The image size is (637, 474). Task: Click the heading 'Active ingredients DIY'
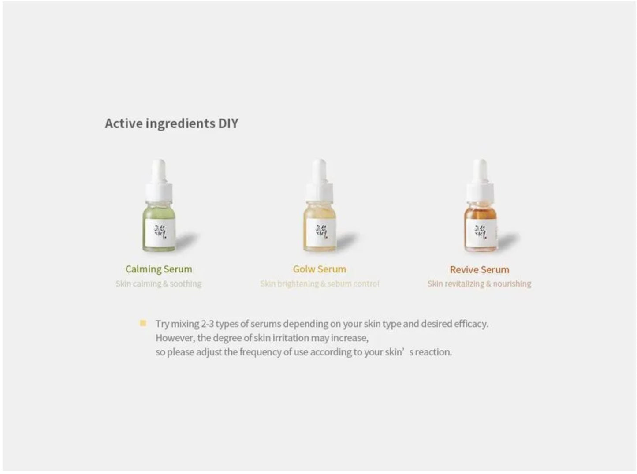(171, 123)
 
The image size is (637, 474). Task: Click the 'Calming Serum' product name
(159, 269)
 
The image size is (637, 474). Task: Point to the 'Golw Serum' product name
(319, 269)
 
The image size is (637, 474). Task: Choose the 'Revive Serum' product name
(479, 269)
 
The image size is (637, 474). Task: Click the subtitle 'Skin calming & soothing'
(159, 284)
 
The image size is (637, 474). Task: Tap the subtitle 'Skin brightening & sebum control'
(319, 284)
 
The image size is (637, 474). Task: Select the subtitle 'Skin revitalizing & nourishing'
(479, 284)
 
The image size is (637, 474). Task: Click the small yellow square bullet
(143, 323)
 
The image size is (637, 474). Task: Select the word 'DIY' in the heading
(228, 123)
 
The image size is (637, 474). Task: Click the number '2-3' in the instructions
(207, 324)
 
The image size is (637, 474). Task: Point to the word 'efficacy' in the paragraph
(471, 324)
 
